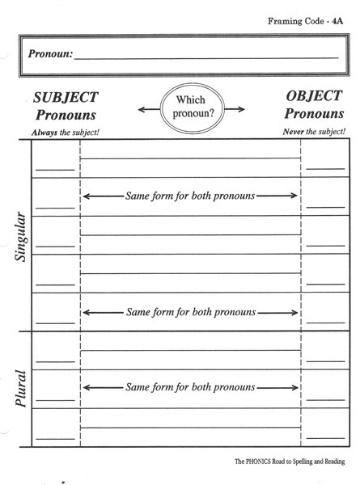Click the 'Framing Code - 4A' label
pyautogui.click(x=305, y=21)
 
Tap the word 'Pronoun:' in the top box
pyautogui.click(x=50, y=53)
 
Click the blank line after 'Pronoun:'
pyautogui.click(x=206, y=58)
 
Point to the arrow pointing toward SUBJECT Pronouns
pyautogui.click(x=149, y=109)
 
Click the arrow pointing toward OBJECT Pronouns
pyautogui.click(x=235, y=109)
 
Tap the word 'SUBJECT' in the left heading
pyautogui.click(x=66, y=98)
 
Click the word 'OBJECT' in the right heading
pyautogui.click(x=314, y=96)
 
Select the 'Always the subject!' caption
pyautogui.click(x=66, y=133)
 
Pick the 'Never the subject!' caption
pyautogui.click(x=314, y=132)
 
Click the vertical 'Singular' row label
pyautogui.click(x=21, y=236)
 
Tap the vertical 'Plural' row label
pyautogui.click(x=21, y=388)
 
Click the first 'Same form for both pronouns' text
pyautogui.click(x=190, y=196)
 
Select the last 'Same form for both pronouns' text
pyautogui.click(x=190, y=387)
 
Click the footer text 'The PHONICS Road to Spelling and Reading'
pyautogui.click(x=290, y=462)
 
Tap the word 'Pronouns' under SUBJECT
pyautogui.click(x=66, y=115)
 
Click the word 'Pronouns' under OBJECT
pyautogui.click(x=314, y=113)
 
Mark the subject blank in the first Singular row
pyautogui.click(x=55, y=170)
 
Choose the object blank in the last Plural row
pyautogui.click(x=325, y=438)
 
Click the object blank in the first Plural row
pyautogui.click(x=325, y=361)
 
